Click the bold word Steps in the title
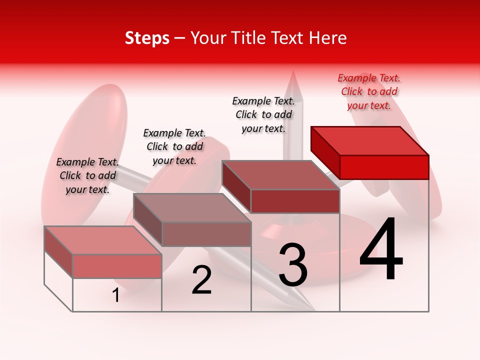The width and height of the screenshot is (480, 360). [147, 38]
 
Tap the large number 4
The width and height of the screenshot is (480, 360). [381, 250]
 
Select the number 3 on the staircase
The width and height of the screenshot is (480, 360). [292, 264]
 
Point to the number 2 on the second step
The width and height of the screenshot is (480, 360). [202, 280]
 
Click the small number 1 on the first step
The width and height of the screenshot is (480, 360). [116, 295]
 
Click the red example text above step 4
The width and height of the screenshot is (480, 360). [369, 91]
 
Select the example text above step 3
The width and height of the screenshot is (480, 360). [263, 114]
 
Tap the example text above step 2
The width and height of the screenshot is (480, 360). [174, 146]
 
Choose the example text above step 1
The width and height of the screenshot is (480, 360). [87, 175]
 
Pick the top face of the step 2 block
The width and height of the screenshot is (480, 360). [192, 208]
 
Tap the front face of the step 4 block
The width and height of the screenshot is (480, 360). [384, 167]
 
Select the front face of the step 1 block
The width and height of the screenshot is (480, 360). [117, 266]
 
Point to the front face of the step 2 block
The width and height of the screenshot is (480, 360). [206, 234]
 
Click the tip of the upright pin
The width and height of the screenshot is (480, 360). [293, 73]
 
